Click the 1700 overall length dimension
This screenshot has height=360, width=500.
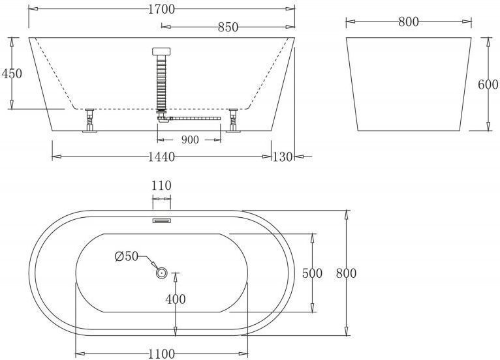pos(162,9)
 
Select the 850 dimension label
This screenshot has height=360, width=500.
pos(228,27)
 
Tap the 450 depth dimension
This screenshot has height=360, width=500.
pos(12,74)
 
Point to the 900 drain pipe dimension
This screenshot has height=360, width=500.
pos(190,140)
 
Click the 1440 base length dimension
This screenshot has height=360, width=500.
pos(162,157)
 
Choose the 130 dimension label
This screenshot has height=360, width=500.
pos(283,157)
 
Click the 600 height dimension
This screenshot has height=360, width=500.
pos(488,84)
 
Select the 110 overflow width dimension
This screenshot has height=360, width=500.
pos(161,185)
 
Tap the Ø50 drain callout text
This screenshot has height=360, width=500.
pos(126,256)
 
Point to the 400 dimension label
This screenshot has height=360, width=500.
pos(176,299)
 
